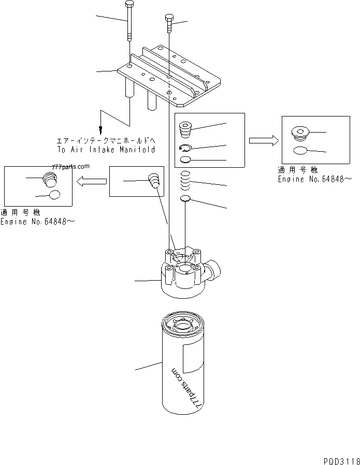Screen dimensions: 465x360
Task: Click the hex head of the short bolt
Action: click(169, 19)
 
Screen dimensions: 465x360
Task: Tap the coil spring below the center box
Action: click(186, 182)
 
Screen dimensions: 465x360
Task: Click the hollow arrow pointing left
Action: click(91, 181)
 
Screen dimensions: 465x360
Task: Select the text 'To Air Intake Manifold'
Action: click(106, 149)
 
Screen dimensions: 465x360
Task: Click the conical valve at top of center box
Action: click(185, 129)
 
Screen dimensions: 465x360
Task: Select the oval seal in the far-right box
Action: click(301, 151)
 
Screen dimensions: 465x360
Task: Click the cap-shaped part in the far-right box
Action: click(300, 134)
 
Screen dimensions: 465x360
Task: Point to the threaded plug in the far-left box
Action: click(49, 180)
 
